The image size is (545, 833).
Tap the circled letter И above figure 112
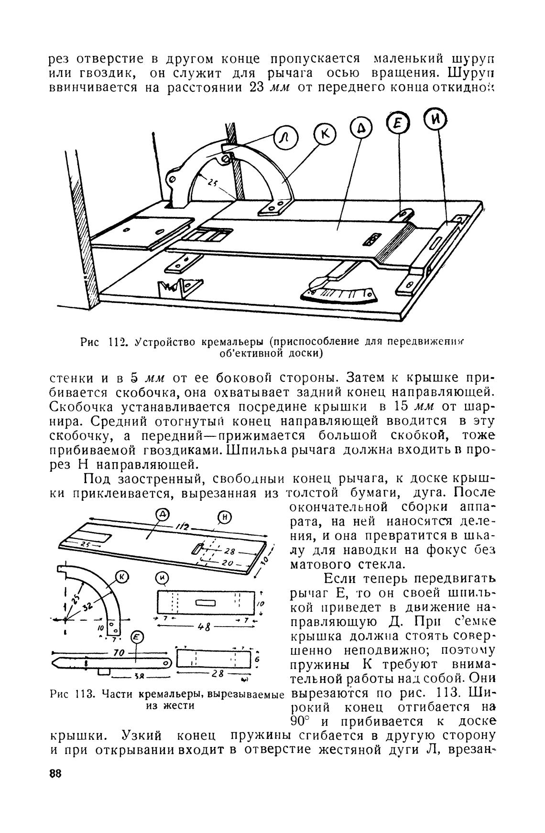(436, 119)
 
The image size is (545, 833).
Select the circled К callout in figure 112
(325, 135)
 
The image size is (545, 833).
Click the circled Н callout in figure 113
(225, 516)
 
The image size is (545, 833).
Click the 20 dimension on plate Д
(228, 564)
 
